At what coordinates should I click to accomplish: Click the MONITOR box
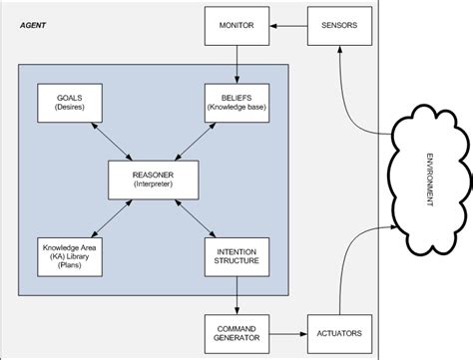point(236,24)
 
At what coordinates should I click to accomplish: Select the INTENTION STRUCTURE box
point(236,254)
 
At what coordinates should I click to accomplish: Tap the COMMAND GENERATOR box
point(236,331)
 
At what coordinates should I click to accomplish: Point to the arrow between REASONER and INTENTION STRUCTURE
point(195,216)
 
